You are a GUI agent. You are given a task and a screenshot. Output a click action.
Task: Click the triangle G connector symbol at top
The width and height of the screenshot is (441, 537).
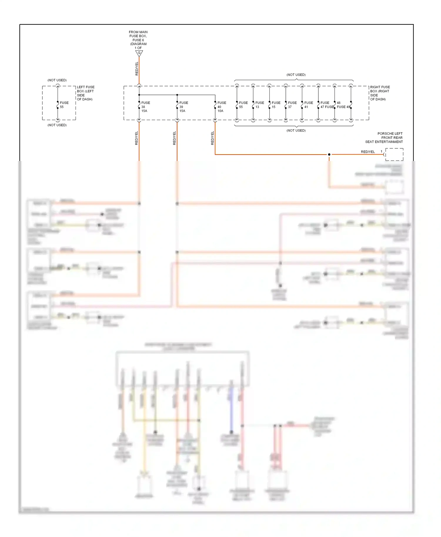pyautogui.click(x=139, y=53)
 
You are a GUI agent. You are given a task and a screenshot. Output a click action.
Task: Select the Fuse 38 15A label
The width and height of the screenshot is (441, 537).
pyautogui.click(x=145, y=107)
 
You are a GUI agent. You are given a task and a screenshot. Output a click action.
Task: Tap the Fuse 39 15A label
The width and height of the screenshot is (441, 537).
pyautogui.click(x=183, y=107)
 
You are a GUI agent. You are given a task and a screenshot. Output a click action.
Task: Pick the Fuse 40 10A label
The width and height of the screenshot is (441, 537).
pyautogui.click(x=221, y=107)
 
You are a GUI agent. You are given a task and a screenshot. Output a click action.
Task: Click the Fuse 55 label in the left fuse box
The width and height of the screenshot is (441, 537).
pyautogui.click(x=64, y=105)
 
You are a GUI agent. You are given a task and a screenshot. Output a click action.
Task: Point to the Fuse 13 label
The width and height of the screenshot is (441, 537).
pyautogui.click(x=259, y=105)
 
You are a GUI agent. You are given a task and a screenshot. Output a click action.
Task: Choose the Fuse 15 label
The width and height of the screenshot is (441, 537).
pyautogui.click(x=276, y=105)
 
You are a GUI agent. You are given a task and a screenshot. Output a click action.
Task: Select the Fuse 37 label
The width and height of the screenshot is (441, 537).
pyautogui.click(x=292, y=105)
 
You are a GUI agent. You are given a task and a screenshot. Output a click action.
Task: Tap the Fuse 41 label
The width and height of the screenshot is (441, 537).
pyautogui.click(x=308, y=105)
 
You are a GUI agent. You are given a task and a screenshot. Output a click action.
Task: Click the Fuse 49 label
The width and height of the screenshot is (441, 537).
pyautogui.click(x=344, y=107)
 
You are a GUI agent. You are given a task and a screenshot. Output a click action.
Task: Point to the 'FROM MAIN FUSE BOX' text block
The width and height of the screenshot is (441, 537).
pyautogui.click(x=138, y=40)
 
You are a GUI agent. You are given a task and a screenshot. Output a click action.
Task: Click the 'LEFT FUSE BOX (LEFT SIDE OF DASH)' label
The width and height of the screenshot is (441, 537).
pyautogui.click(x=86, y=93)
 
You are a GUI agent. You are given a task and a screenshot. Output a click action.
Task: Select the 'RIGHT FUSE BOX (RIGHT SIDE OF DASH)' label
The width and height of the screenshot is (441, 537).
pyautogui.click(x=380, y=93)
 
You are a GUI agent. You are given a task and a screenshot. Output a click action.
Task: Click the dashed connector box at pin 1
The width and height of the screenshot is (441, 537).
pyautogui.click(x=394, y=155)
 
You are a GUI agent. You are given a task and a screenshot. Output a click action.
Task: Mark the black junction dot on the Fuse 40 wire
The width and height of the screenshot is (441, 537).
pyautogui.click(x=329, y=155)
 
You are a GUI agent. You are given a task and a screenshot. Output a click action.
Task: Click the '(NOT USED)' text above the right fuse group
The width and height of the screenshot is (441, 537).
pyautogui.click(x=296, y=75)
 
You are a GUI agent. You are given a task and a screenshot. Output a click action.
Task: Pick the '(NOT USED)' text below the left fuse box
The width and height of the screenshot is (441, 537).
pyautogui.click(x=57, y=125)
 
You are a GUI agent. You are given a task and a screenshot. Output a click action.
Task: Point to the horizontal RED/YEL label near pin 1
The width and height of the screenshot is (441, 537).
pyautogui.click(x=368, y=152)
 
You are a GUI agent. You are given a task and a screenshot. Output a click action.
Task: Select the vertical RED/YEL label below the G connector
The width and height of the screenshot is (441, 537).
pyautogui.click(x=137, y=69)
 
